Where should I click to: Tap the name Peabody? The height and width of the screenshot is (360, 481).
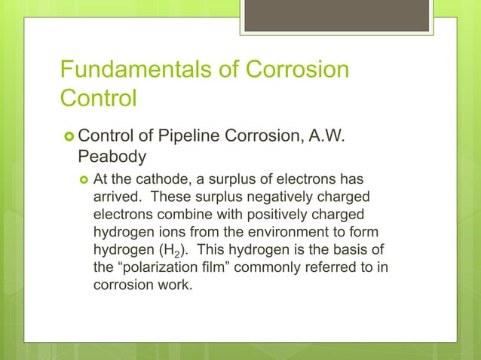[x=114, y=158]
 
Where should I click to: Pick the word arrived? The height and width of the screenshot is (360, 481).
[x=118, y=197]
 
